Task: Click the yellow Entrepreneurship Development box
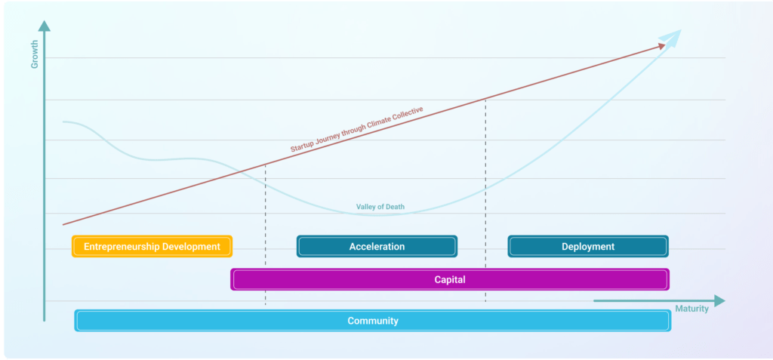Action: [152, 246]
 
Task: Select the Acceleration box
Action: [377, 246]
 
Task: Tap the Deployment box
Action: [588, 246]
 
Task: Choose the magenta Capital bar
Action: [450, 279]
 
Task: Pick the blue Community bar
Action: [373, 321]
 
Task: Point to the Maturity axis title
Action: [691, 309]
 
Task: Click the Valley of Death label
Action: [380, 207]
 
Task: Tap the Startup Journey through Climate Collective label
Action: [357, 129]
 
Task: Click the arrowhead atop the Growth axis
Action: [45, 26]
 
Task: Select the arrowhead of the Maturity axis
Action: [719, 301]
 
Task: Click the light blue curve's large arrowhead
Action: [671, 38]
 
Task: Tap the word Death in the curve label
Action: [395, 207]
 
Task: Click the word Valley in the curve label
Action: [365, 207]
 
